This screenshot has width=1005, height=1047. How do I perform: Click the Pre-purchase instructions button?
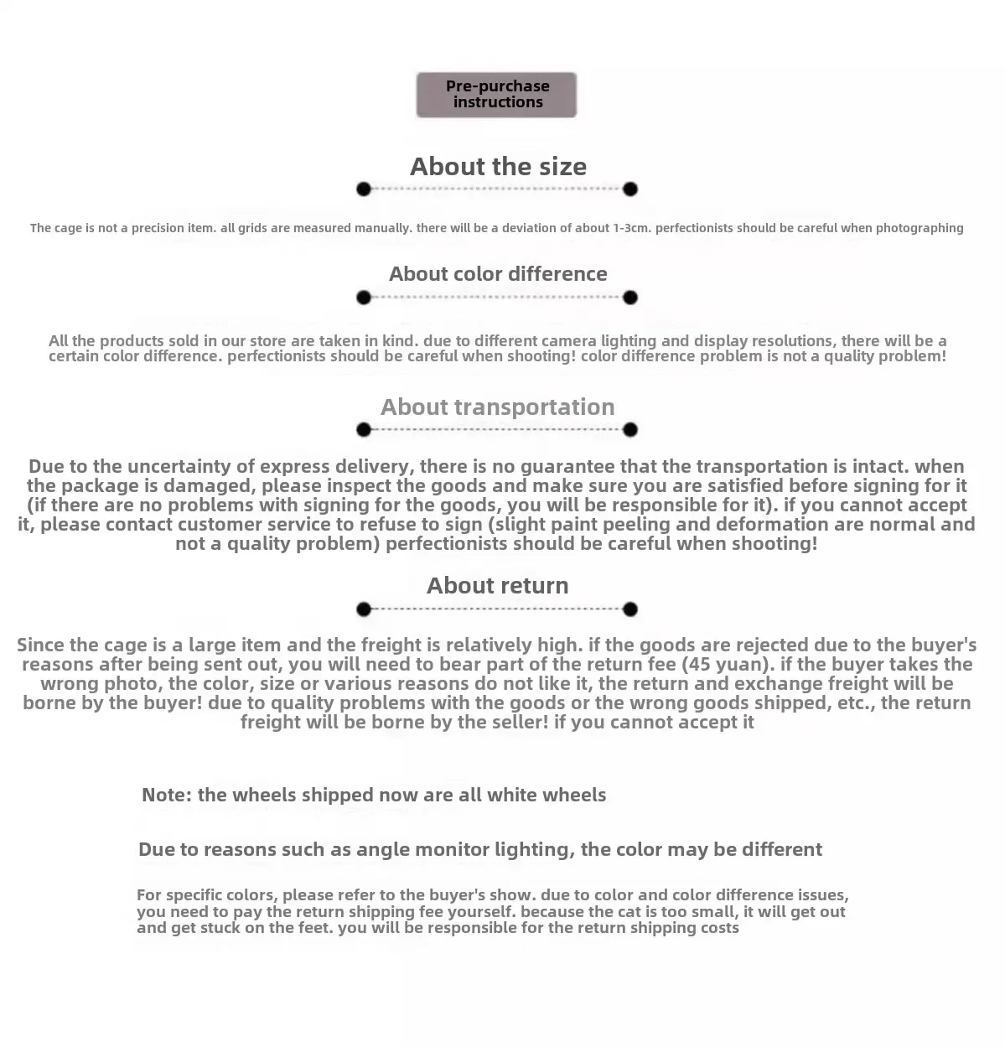(x=496, y=94)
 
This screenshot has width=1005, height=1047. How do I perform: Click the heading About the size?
(x=498, y=166)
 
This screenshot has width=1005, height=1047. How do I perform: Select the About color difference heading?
(x=498, y=274)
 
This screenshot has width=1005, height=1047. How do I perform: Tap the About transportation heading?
(x=497, y=407)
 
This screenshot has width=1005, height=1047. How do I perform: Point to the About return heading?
(x=497, y=586)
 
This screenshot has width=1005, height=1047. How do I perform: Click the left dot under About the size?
(x=363, y=189)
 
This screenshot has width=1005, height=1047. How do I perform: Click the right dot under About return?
(x=630, y=609)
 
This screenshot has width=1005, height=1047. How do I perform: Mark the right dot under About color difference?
(x=630, y=298)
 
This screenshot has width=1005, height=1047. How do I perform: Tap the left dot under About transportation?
(x=363, y=430)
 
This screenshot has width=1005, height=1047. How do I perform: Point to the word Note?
(x=167, y=795)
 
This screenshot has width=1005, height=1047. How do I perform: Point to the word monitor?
(x=447, y=850)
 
